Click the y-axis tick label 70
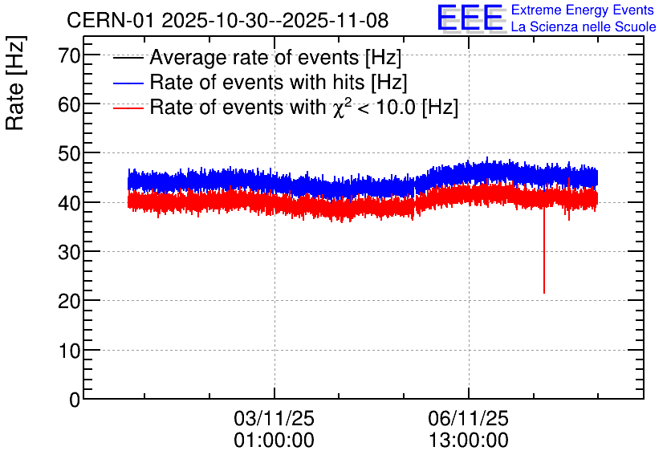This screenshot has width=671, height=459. click(x=70, y=55)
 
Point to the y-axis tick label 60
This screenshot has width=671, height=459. click(x=70, y=104)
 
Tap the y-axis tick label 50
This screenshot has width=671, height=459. click(x=70, y=153)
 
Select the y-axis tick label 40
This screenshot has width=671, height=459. click(x=70, y=203)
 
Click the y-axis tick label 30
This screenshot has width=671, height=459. click(x=70, y=252)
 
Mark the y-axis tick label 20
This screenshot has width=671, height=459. click(x=70, y=301)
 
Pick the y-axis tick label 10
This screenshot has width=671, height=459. click(x=70, y=351)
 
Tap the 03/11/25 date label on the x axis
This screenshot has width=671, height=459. click(x=274, y=418)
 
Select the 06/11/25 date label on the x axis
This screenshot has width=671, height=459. click(x=468, y=418)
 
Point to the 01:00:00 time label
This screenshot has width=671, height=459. click(x=274, y=441)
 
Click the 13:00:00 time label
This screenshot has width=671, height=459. click(x=468, y=441)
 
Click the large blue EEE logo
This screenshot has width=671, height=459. click(x=470, y=18)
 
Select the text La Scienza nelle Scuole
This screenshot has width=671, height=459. click(x=583, y=26)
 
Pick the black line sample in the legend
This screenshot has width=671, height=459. click(x=128, y=58)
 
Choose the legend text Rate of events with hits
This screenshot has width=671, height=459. click(x=278, y=83)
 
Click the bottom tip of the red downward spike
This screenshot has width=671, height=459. click(x=544, y=293)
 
